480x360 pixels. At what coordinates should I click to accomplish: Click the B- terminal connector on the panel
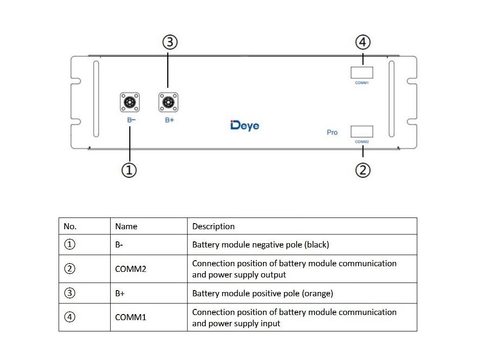click(130, 102)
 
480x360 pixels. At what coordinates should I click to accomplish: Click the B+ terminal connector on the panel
click(168, 102)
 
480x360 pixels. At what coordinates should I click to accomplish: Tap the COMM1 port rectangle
click(362, 73)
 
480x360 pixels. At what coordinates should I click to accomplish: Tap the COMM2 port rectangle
click(362, 132)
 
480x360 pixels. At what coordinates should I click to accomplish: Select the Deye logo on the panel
click(245, 126)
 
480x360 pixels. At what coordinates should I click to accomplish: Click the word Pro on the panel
click(332, 133)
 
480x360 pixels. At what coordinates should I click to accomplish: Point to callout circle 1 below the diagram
click(129, 170)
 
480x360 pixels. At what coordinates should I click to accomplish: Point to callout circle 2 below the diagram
click(363, 170)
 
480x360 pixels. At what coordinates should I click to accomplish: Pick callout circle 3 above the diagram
click(170, 42)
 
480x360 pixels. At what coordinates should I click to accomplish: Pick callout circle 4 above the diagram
click(363, 42)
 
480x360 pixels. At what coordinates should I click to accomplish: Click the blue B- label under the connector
click(131, 120)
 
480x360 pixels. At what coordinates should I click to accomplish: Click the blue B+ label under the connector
click(170, 120)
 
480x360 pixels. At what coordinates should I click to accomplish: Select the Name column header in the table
click(126, 226)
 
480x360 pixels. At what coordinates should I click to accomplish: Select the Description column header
click(213, 226)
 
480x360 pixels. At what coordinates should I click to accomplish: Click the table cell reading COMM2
click(131, 269)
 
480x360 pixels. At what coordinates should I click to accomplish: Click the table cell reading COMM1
click(131, 317)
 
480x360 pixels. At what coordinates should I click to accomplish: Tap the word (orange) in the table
click(317, 293)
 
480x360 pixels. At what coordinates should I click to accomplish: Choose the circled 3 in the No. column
click(69, 293)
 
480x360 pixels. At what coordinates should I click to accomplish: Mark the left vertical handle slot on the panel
click(96, 98)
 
